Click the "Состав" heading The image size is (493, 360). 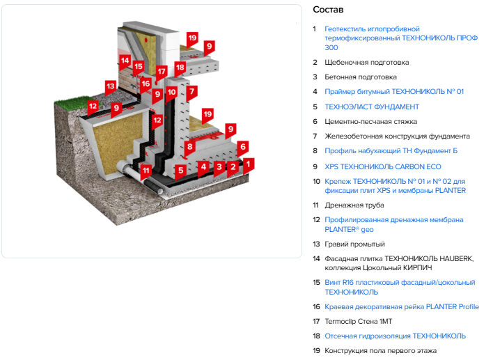[x=328, y=10]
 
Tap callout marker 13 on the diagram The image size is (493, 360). [x=110, y=87]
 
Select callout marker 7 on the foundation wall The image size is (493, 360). [x=191, y=92]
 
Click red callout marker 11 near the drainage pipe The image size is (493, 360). [x=146, y=171]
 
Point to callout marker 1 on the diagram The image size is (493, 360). [x=249, y=164]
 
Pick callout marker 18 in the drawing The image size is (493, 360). [x=180, y=68]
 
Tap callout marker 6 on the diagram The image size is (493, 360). [x=243, y=147]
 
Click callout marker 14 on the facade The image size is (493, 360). [x=125, y=61]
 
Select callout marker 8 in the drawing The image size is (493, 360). [x=189, y=147]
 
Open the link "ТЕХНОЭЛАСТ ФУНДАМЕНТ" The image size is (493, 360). [x=372, y=107]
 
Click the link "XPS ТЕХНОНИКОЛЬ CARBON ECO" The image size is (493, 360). [x=383, y=166]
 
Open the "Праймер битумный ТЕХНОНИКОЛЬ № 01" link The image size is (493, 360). [x=394, y=92]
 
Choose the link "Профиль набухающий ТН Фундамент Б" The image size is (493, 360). [x=391, y=151]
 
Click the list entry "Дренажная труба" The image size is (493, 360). [x=354, y=205]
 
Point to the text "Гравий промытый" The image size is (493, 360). [x=354, y=244]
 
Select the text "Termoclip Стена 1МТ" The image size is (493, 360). [x=358, y=322]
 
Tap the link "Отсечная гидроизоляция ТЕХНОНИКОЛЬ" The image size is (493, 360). [x=395, y=336]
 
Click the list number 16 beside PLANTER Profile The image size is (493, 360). [x=316, y=307]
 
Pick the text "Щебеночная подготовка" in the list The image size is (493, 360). [x=366, y=63]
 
